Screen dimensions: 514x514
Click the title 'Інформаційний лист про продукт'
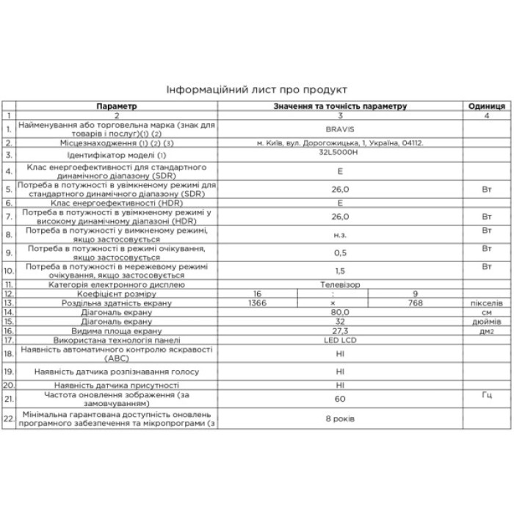point(257,90)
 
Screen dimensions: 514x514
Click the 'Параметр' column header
point(116,106)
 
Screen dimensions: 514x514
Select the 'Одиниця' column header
point(486,106)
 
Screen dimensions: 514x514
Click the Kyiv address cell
point(340,142)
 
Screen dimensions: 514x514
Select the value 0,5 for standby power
point(340,253)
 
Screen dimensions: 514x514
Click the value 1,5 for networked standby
point(340,271)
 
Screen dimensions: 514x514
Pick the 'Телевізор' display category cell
point(340,284)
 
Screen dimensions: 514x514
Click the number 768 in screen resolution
point(416,303)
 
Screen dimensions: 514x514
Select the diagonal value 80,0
point(340,312)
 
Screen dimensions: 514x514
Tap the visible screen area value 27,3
point(340,331)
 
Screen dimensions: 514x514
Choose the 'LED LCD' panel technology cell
point(340,341)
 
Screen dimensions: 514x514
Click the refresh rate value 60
point(340,399)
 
